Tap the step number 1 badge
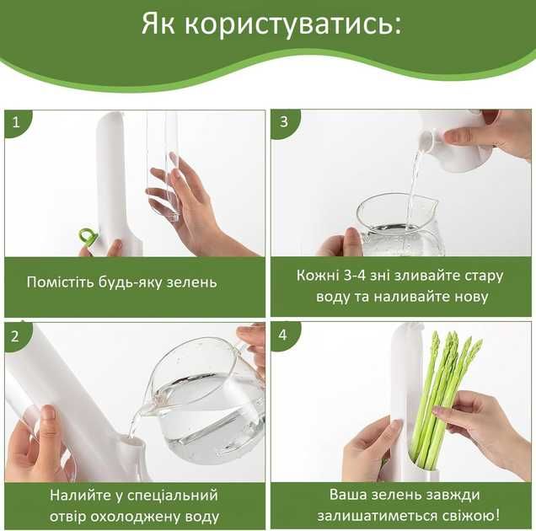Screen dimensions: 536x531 coord(17,122)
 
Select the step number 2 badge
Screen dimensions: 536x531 coord(16,336)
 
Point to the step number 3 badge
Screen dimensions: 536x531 coord(285,122)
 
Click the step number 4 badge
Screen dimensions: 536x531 coord(284,335)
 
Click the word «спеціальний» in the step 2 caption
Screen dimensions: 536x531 coord(173,496)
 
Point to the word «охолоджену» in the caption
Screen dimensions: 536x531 coord(136,517)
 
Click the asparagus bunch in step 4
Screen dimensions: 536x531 coord(443,401)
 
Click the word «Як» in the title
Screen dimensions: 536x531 coord(158,24)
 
